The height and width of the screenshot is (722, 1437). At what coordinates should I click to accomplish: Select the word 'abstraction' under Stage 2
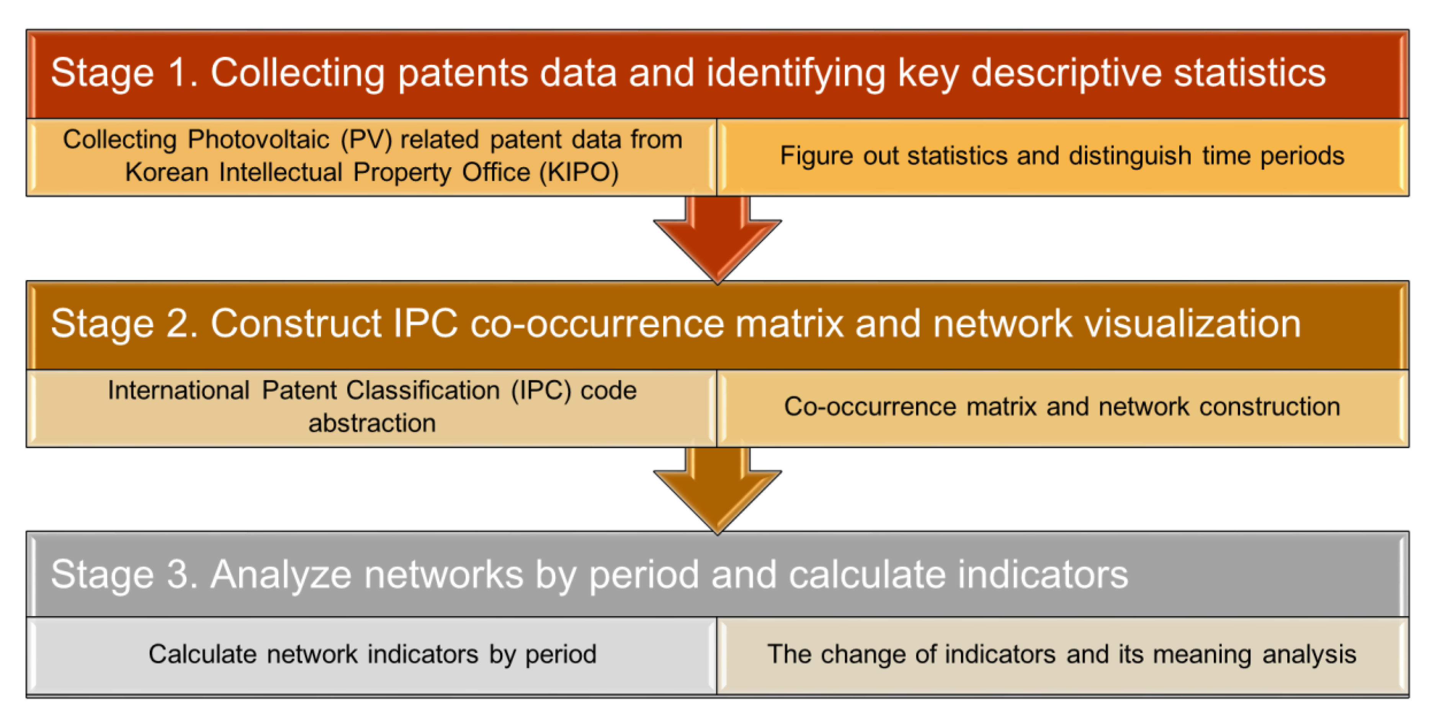point(372,423)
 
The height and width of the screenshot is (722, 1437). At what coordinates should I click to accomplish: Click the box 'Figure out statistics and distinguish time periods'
point(1063,157)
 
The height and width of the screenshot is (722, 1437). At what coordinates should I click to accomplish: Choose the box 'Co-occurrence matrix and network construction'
point(1063,408)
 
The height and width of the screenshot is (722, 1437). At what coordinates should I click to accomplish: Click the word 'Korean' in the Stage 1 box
point(166,172)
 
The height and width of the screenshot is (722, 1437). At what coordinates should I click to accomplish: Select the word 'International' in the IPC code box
point(178,390)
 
